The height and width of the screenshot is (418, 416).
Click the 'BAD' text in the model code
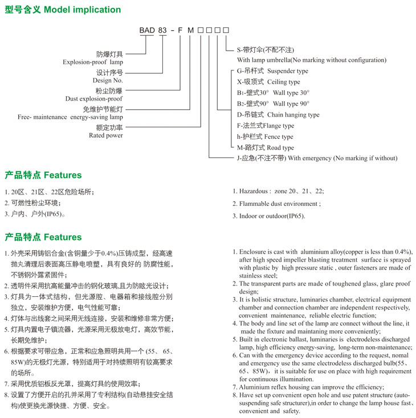click(x=148, y=29)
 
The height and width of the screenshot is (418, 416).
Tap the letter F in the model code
click(x=180, y=29)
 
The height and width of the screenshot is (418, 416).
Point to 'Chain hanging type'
click(x=293, y=114)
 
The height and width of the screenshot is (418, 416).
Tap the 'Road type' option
click(x=279, y=148)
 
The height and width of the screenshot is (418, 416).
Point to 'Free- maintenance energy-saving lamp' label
click(x=70, y=117)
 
